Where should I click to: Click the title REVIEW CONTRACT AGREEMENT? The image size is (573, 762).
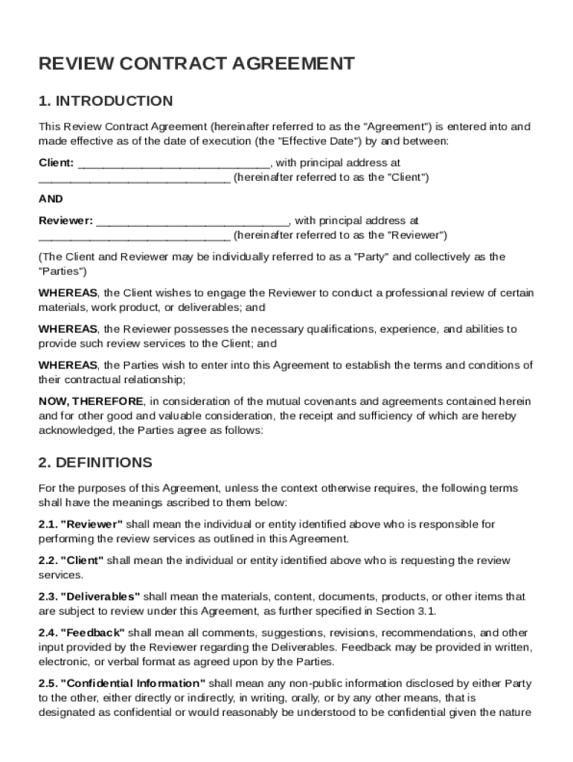[x=196, y=64]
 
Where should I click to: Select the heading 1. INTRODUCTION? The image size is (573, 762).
[x=106, y=101]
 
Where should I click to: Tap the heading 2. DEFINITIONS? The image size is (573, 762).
[x=95, y=463]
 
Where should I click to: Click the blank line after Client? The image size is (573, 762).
[x=174, y=163]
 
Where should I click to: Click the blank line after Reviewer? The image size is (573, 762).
[x=193, y=221]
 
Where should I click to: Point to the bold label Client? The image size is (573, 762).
[x=56, y=163]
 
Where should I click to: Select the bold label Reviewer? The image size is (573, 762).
[x=65, y=221]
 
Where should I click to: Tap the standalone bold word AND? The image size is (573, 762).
[x=51, y=199]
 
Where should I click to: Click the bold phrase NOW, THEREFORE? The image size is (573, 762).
[x=91, y=402]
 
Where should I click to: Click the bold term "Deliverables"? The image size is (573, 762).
[x=100, y=597]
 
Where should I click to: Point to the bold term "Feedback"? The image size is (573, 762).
[x=92, y=633]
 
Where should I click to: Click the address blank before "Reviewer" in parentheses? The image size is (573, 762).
[x=134, y=236]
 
